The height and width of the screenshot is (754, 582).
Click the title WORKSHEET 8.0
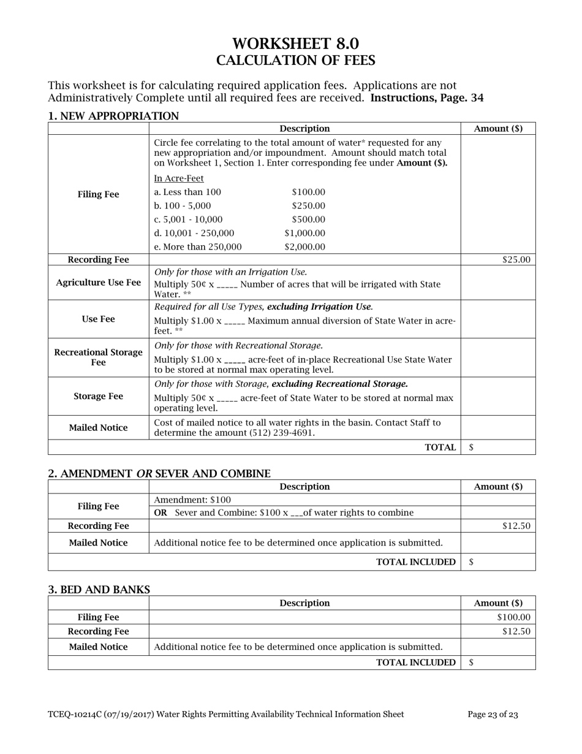[x=295, y=44]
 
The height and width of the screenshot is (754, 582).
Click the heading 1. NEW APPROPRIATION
[x=113, y=116]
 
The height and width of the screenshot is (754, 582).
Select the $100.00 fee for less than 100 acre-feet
[x=308, y=192]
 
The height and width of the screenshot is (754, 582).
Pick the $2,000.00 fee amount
[x=304, y=247]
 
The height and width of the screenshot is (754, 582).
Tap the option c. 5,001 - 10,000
[x=188, y=219]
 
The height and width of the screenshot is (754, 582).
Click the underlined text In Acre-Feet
[x=179, y=178]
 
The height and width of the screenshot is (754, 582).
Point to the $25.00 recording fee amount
[x=516, y=259]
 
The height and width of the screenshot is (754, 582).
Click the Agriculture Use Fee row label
[x=98, y=283]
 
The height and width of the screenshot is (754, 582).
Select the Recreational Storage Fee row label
[x=98, y=357]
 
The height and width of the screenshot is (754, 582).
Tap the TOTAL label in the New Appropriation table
[x=440, y=447]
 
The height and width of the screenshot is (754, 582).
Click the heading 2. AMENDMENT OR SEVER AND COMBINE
[x=159, y=474]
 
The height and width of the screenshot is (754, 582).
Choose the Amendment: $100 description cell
[x=193, y=500]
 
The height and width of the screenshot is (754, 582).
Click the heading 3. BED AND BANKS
[x=99, y=590]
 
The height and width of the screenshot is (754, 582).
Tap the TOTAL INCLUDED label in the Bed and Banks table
[x=415, y=663]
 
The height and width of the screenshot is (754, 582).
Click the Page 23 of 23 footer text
[x=493, y=714]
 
